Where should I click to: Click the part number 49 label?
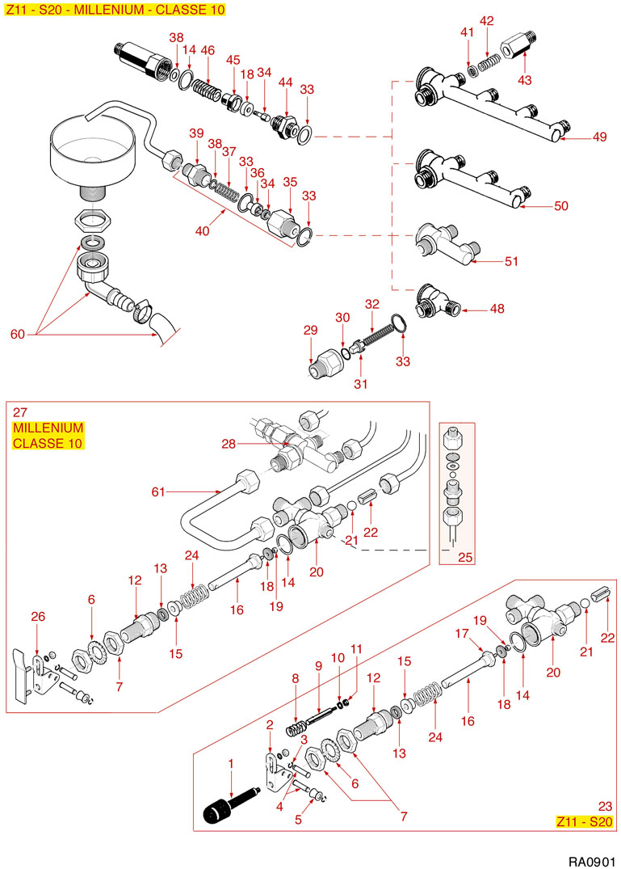coord(598,137)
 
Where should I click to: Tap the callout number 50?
coord(560,206)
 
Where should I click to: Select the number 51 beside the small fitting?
coord(510,261)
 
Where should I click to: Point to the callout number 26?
coord(37,617)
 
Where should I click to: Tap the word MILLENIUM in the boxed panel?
coord(48,428)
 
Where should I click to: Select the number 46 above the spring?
coord(208,50)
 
